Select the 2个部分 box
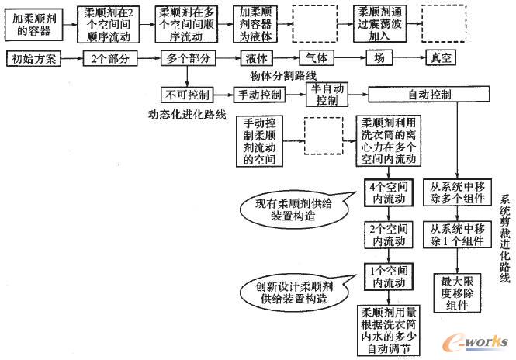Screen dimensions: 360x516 coord(106,58)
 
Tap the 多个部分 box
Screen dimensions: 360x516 coord(187,58)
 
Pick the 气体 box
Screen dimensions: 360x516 coord(320,58)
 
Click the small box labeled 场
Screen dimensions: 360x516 coord(379,58)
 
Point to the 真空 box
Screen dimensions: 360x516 coord(444,58)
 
